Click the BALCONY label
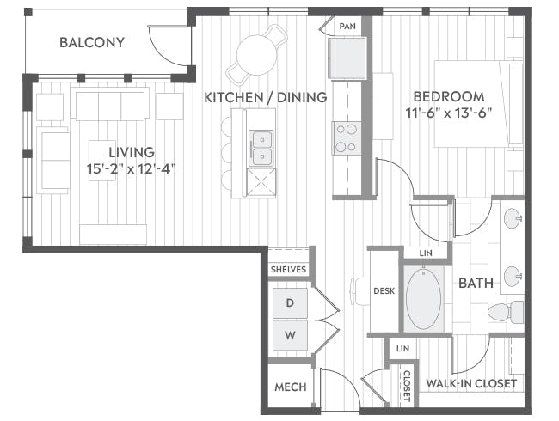tap(92, 42)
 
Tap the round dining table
tap(256, 54)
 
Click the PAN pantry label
tap(347, 27)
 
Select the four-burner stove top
tap(347, 137)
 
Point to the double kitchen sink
tap(261, 148)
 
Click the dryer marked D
tap(290, 303)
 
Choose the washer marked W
tap(290, 335)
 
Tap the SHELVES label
tap(288, 269)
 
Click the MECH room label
tap(291, 387)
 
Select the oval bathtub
tap(423, 298)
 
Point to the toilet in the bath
tap(506, 312)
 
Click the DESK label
tap(384, 291)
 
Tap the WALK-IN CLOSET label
tap(471, 383)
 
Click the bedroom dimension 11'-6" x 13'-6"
tap(449, 113)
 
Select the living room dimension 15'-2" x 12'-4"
tap(132, 168)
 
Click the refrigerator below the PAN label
tap(347, 58)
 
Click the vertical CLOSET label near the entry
tap(407, 386)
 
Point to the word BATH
tap(476, 284)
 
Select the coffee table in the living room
tap(102, 161)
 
